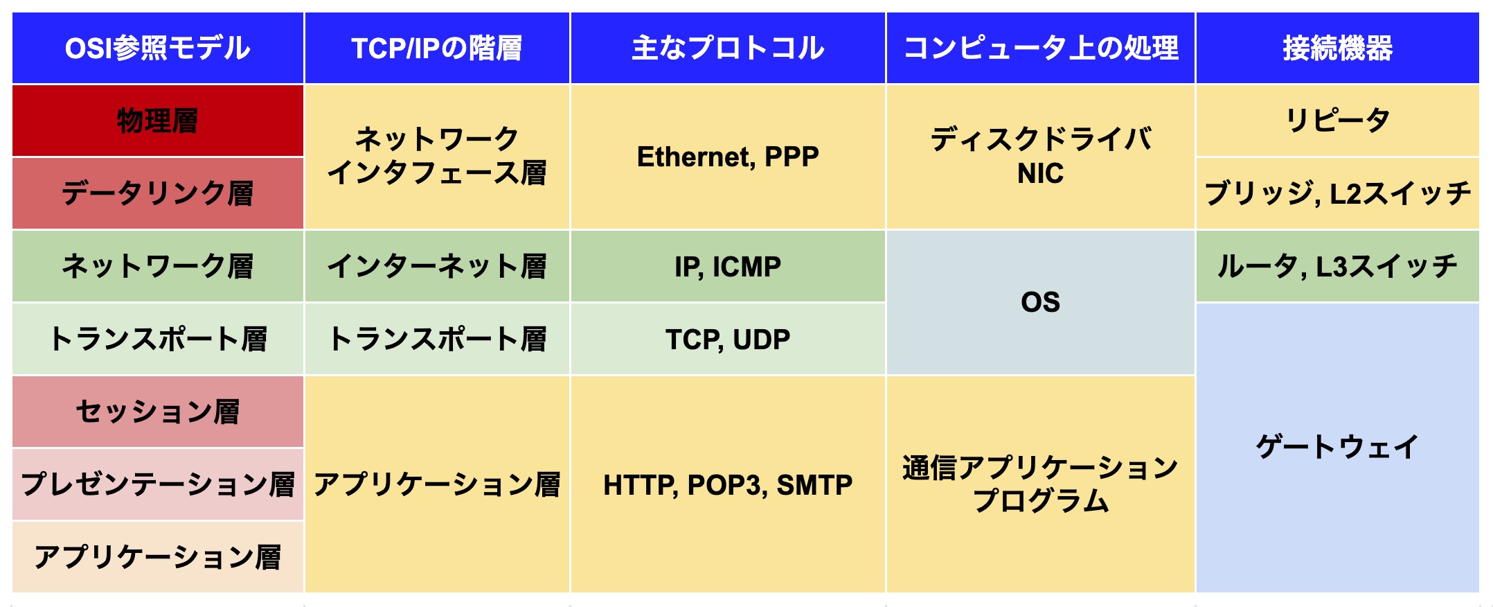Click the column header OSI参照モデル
tap(158, 48)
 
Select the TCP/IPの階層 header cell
tap(437, 48)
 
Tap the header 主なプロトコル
tap(728, 48)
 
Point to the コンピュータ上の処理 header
tap(1041, 48)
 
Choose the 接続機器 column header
tap(1338, 48)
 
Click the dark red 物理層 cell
tap(158, 121)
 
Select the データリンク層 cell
tap(158, 193)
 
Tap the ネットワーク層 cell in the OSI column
tap(158, 266)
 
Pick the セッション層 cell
tap(158, 412)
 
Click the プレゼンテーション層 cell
tap(158, 484)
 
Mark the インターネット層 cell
tap(437, 266)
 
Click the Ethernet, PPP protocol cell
tap(728, 157)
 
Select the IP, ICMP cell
tap(728, 266)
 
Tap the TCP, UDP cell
tap(728, 339)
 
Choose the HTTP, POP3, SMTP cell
tap(728, 484)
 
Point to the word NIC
tap(1040, 173)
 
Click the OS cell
tap(1041, 302)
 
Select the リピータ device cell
tap(1338, 121)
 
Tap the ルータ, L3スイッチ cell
tap(1338, 266)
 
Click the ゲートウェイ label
tap(1338, 447)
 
